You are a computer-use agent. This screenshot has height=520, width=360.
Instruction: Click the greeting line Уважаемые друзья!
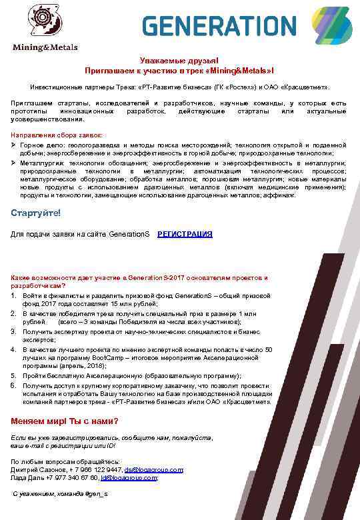pos(179,61)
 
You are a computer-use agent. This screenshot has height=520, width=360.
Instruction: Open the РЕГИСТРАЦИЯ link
pos(185,234)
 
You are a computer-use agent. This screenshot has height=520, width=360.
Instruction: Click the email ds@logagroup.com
pos(154,469)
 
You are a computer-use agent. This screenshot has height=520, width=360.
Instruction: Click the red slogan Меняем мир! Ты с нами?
pos(65,421)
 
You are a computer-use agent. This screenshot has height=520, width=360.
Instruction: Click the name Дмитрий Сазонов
pos(37,469)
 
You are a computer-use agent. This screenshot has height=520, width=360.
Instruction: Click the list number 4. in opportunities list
pos(14,349)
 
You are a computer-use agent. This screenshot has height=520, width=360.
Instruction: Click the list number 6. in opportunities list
pos(14,385)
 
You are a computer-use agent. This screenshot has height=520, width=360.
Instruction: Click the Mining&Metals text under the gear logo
pos(45,47)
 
